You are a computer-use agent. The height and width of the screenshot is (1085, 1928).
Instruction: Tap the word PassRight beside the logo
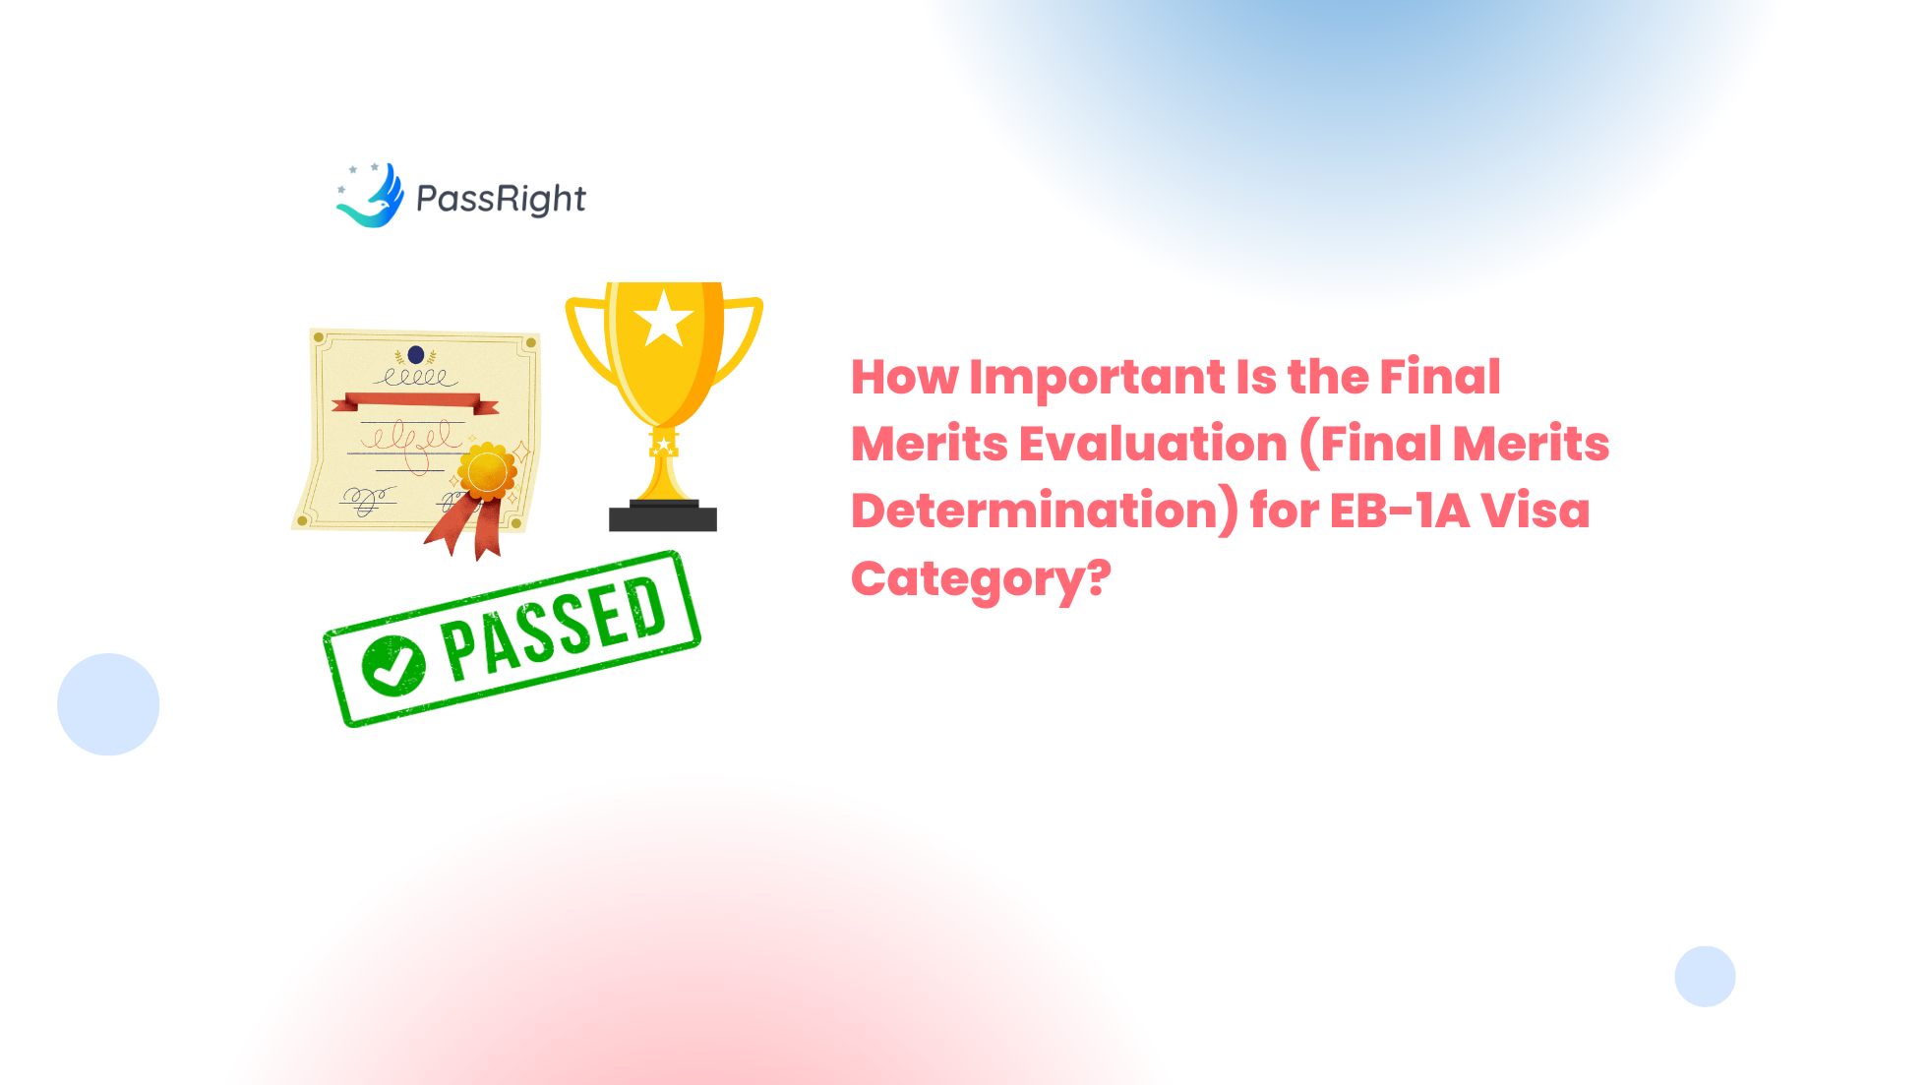coord(501,199)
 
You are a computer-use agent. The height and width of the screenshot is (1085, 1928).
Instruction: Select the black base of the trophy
coord(663,515)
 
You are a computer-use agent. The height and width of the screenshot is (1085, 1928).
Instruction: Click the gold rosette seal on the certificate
coord(487,472)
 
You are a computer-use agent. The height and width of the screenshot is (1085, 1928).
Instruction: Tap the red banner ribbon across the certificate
coord(415,402)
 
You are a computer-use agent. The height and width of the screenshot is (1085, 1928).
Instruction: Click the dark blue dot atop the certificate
coord(416,354)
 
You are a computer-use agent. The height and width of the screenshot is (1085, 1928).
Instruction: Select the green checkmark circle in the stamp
coord(393,666)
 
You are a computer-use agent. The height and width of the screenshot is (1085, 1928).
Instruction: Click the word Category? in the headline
coord(981,579)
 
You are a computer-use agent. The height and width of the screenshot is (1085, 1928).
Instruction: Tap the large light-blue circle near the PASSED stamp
coord(108,704)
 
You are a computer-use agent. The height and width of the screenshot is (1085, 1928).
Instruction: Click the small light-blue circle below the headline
coord(1705,977)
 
